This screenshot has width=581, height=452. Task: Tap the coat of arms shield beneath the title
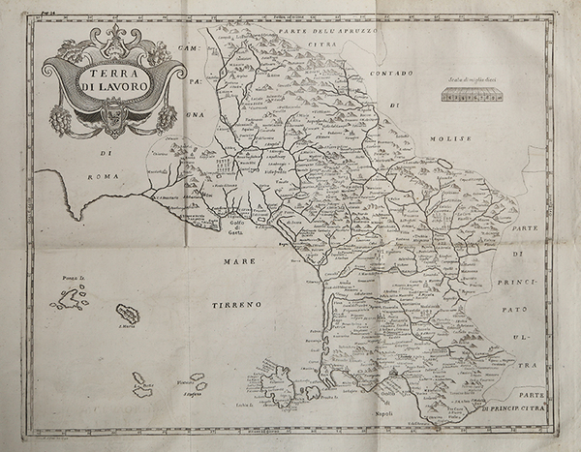point(108,119)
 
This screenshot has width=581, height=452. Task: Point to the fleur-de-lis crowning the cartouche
point(109,36)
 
